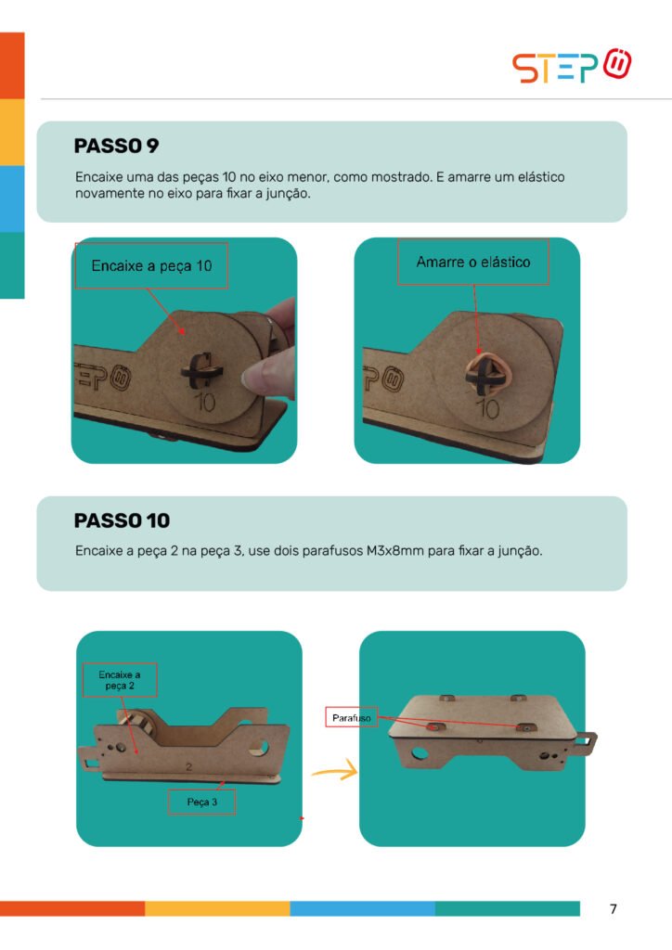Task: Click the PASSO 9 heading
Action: [116, 146]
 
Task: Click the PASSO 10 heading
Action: [122, 520]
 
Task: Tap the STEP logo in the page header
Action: [572, 66]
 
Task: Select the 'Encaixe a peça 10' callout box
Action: [151, 265]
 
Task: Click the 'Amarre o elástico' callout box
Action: [473, 262]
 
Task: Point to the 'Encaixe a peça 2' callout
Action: [120, 680]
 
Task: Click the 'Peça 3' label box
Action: [201, 802]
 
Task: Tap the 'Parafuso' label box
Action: [352, 717]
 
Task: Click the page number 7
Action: [614, 908]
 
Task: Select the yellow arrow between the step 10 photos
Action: [335, 771]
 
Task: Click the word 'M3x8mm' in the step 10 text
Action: [395, 551]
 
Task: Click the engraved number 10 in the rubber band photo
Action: [488, 409]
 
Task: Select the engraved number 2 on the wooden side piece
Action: [188, 767]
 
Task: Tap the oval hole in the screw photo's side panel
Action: [418, 754]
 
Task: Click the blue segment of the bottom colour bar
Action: [362, 908]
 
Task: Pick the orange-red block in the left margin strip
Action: [12, 66]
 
